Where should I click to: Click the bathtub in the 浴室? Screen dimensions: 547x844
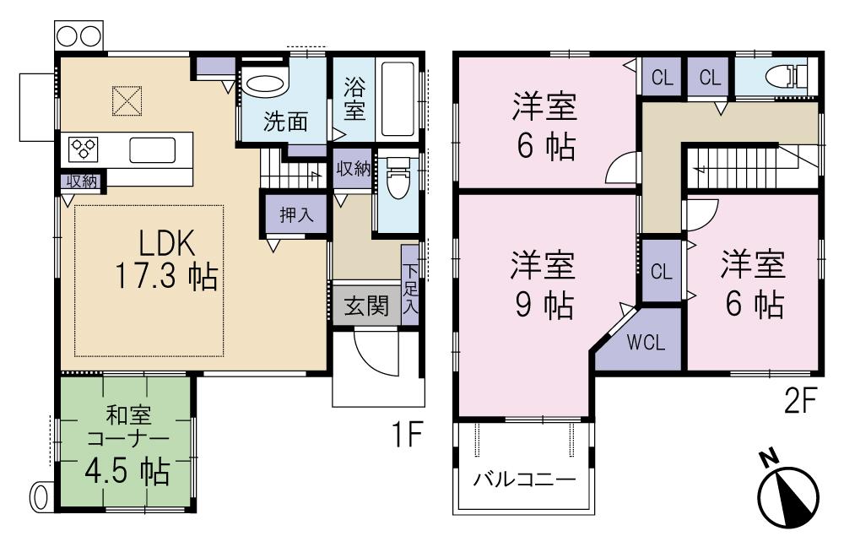399,99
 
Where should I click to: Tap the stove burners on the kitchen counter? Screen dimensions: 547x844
85,149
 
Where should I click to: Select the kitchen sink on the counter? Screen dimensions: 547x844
153,150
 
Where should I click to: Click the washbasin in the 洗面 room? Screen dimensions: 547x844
266,86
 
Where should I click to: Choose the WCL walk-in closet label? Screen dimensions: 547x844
647,344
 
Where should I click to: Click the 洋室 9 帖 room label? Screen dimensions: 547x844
544,284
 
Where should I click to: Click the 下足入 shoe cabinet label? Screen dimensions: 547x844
409,289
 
